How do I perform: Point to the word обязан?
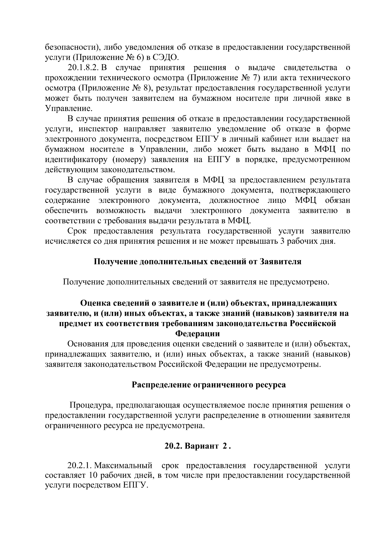pos(338,200)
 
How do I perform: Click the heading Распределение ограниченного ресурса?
pos(209,385)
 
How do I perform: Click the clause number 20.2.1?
pos(79,465)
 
